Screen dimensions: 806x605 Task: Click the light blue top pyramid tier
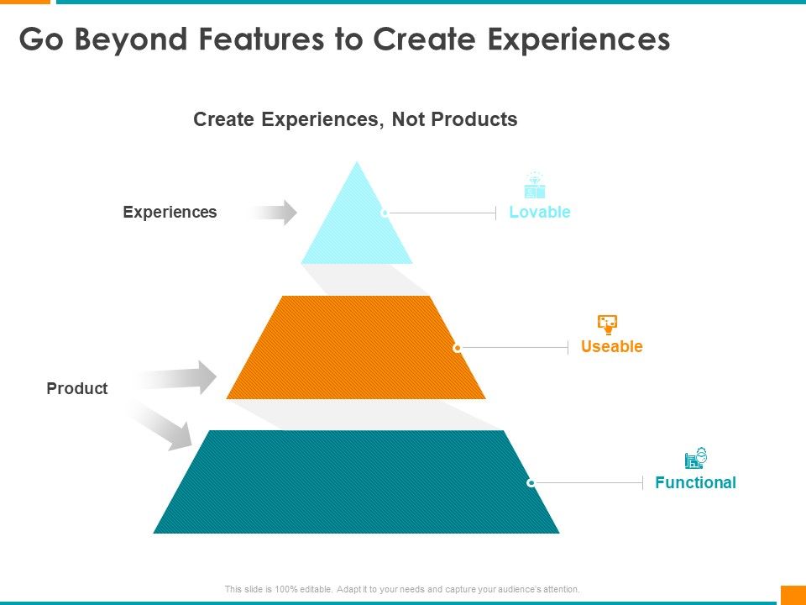[x=357, y=226]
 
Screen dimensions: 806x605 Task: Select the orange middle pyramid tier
[x=356, y=347]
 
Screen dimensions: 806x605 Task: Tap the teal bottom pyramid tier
[x=356, y=481]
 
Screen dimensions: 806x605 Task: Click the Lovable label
[x=540, y=212]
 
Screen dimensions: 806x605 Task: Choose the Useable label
[x=612, y=346]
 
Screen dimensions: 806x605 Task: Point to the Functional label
[x=695, y=482]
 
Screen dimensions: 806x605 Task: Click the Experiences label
[x=170, y=212]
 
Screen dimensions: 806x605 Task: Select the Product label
[x=77, y=388]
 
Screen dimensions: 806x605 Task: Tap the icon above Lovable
[x=535, y=185]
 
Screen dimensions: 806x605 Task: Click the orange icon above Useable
[x=608, y=324]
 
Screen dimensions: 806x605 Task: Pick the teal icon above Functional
[x=696, y=458]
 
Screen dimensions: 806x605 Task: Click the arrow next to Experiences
[x=272, y=212]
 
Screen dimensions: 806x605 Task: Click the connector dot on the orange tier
[x=457, y=348]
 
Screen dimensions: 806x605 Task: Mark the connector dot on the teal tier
[x=531, y=482]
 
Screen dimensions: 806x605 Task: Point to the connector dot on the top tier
[x=385, y=213]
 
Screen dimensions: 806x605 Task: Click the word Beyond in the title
[x=131, y=40]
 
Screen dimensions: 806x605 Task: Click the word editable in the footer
[x=316, y=589]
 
